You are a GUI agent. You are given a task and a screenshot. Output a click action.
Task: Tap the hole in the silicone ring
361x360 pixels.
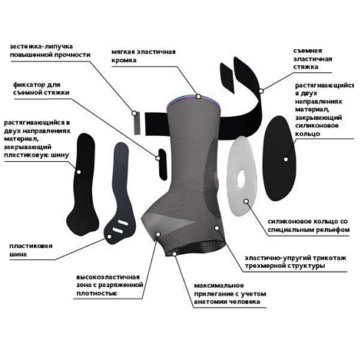[x=241, y=178]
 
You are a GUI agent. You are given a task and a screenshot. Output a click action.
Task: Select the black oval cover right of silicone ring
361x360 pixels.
[x=279, y=158]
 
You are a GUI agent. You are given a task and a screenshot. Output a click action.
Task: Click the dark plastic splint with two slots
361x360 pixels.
[x=121, y=194]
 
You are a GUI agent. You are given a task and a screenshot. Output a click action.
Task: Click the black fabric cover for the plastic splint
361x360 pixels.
[x=82, y=183]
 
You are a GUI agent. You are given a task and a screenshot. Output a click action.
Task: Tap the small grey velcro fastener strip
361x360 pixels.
[x=137, y=123]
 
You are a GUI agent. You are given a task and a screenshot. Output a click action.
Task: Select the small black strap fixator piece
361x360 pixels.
[x=163, y=164]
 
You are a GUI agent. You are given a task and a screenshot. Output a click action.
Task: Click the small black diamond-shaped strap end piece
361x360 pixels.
[x=227, y=78]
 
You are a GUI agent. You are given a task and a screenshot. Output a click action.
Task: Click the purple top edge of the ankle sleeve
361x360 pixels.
[x=194, y=100]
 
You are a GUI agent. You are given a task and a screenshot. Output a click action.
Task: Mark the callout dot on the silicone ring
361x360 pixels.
[x=246, y=201]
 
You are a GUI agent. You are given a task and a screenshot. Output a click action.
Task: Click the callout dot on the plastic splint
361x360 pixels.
[x=109, y=236]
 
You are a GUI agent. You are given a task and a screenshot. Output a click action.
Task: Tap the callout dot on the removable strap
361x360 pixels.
[x=261, y=91]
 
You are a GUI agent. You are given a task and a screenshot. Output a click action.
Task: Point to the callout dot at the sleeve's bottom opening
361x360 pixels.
[x=174, y=253]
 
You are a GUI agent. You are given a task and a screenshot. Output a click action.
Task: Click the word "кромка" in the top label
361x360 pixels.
[x=124, y=61]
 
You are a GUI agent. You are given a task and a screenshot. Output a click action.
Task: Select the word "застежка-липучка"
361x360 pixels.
[x=41, y=47]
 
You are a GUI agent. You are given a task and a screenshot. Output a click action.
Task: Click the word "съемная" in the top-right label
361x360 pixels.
[x=307, y=51]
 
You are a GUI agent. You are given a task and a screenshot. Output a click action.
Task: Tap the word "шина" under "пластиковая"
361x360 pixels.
[x=18, y=254]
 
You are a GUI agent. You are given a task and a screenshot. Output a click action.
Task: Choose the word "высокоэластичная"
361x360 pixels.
[x=108, y=277]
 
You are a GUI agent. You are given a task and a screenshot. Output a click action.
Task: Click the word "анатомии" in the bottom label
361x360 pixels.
[x=210, y=302]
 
